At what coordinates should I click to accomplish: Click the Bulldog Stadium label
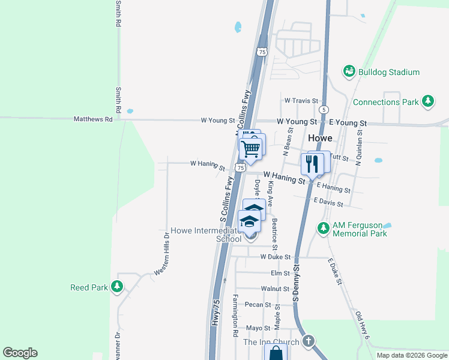388,72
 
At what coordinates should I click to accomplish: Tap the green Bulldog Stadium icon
349,72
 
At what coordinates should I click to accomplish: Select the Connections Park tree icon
428,101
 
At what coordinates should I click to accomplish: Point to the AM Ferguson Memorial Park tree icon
324,228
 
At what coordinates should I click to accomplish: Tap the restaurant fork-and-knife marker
312,164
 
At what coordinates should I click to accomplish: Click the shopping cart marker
250,148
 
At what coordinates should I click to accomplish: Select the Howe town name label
320,137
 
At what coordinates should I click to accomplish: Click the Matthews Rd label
93,119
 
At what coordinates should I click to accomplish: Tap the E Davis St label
328,203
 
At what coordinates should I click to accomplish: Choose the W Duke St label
275,257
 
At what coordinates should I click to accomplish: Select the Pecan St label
259,305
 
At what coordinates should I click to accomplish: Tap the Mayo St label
259,328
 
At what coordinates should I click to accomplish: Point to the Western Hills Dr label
163,254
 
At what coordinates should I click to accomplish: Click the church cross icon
309,341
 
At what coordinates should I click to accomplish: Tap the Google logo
20,353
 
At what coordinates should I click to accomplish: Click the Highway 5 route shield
324,110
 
